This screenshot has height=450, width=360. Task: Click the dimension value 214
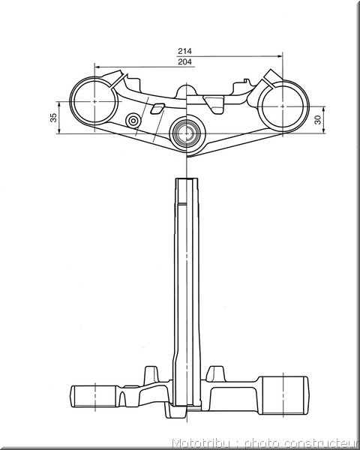tap(184, 51)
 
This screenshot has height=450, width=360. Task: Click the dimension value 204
tap(184, 61)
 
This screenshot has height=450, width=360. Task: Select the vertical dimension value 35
tap(53, 118)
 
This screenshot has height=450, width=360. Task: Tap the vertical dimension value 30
tap(317, 120)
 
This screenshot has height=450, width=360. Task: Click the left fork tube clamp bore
tap(73, 101)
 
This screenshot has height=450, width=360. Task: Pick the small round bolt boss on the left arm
tap(133, 121)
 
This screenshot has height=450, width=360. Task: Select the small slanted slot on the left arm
tap(157, 109)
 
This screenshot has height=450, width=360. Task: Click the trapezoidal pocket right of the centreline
tap(214, 104)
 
